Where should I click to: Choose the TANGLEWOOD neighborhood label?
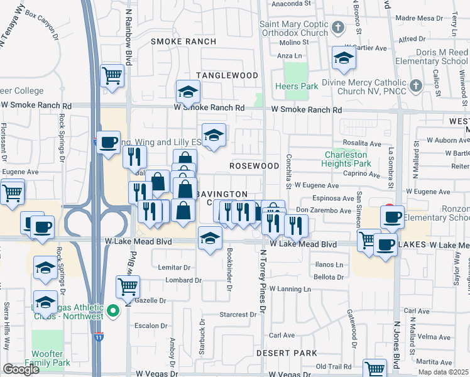click(x=227, y=75)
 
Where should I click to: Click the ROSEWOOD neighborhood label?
click(x=254, y=166)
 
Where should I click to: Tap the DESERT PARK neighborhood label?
click(x=287, y=353)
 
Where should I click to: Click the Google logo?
click(x=21, y=369)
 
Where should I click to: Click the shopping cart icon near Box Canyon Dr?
click(x=112, y=76)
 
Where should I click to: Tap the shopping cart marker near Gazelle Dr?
click(x=128, y=287)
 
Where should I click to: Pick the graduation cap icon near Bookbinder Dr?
click(x=210, y=238)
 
